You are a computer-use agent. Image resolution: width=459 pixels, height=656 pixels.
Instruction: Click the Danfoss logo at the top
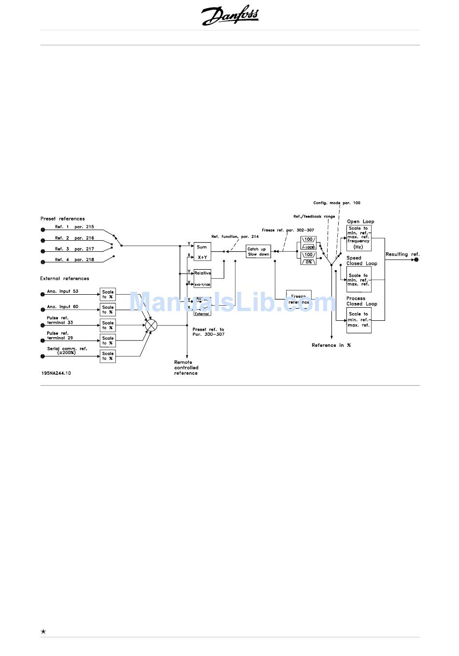230,16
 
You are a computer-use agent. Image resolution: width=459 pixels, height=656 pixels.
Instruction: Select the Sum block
202,252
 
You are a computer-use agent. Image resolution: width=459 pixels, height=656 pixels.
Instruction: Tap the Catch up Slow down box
258,252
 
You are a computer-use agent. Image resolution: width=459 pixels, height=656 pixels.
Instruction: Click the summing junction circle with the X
151,325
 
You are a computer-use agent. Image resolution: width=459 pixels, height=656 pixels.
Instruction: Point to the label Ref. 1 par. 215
74,227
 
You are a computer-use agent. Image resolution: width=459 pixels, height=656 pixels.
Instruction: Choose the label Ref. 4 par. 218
74,260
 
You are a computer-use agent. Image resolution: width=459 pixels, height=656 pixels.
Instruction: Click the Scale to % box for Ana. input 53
108,294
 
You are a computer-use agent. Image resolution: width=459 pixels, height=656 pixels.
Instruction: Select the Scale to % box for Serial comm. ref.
108,356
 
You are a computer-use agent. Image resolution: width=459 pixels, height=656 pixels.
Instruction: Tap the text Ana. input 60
62,307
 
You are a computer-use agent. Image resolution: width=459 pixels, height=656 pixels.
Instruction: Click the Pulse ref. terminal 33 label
59,320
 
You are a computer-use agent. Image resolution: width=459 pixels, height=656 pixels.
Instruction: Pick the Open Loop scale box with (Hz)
359,238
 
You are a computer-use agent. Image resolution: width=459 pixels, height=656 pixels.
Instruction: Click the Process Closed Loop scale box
359,320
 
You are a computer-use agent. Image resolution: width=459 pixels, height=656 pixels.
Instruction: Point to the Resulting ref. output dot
416,260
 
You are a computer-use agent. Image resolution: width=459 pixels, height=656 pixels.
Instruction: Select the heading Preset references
62,219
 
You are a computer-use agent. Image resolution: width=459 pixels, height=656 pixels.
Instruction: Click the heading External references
65,279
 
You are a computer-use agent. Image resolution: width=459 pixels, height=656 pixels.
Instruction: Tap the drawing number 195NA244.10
56,373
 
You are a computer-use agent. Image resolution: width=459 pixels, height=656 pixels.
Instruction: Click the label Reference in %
331,345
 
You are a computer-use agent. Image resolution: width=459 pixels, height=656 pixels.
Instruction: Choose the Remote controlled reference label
186,368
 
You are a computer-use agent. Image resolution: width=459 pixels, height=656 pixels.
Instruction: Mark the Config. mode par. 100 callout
336,203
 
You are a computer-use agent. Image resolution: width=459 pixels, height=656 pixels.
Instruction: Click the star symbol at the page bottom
43,631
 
